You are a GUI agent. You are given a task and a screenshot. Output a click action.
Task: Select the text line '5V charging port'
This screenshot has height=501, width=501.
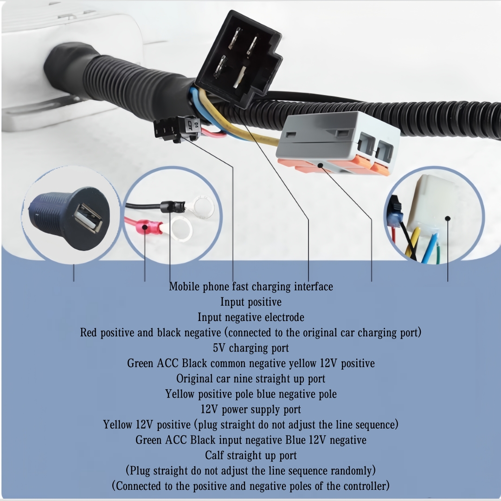pyautogui.click(x=250, y=348)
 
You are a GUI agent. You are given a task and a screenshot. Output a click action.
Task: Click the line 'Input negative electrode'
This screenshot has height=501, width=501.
pyautogui.click(x=250, y=317)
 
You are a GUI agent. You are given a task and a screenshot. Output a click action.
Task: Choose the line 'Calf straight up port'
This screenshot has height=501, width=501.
pyautogui.click(x=250, y=455)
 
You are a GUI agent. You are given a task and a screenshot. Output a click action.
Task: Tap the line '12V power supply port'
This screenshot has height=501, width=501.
pyautogui.click(x=250, y=410)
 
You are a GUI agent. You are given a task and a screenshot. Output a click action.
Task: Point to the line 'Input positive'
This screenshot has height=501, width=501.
pyautogui.click(x=250, y=302)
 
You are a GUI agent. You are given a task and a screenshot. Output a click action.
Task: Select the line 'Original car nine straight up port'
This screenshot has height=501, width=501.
pyautogui.click(x=250, y=379)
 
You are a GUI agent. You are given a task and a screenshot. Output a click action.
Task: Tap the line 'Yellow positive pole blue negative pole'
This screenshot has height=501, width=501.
pyautogui.click(x=250, y=394)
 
